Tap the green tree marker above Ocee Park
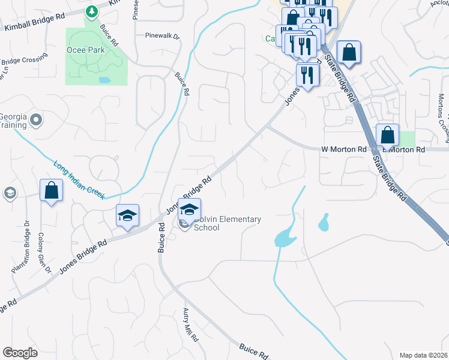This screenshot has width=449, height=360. pyautogui.click(x=91, y=11)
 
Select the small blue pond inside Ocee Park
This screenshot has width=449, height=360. pyautogui.click(x=105, y=79)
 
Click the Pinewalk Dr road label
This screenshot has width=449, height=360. pyautogui.click(x=162, y=36)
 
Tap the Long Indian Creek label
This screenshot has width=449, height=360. pyautogui.click(x=79, y=179)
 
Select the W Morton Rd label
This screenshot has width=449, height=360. pyautogui.click(x=343, y=149)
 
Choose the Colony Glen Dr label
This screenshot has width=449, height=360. pyautogui.click(x=45, y=252)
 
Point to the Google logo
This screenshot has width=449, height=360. pyautogui.click(x=20, y=353)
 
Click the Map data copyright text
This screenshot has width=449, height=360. pyautogui.click(x=424, y=355)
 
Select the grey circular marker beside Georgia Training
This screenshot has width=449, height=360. pyautogui.click(x=37, y=120)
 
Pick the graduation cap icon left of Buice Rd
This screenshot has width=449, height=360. pyautogui.click(x=127, y=215)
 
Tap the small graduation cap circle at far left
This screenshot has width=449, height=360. pyautogui.click(x=10, y=193)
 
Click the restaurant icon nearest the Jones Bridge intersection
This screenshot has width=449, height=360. pyautogui.click(x=307, y=74)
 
